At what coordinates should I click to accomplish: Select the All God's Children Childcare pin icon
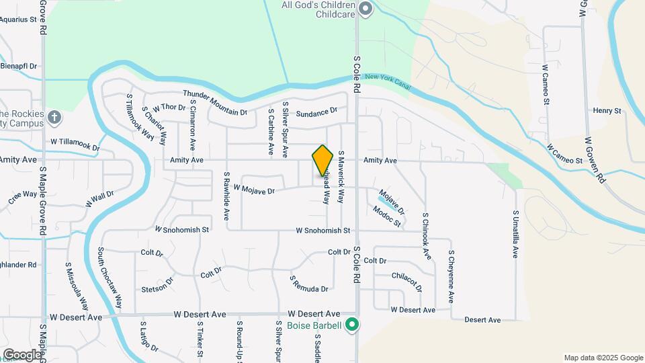click(365, 9)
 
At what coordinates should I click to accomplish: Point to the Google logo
click(21, 354)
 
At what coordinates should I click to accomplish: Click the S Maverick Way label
click(341, 177)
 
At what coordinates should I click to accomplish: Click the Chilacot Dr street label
click(407, 281)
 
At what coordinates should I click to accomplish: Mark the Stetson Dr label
click(157, 290)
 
